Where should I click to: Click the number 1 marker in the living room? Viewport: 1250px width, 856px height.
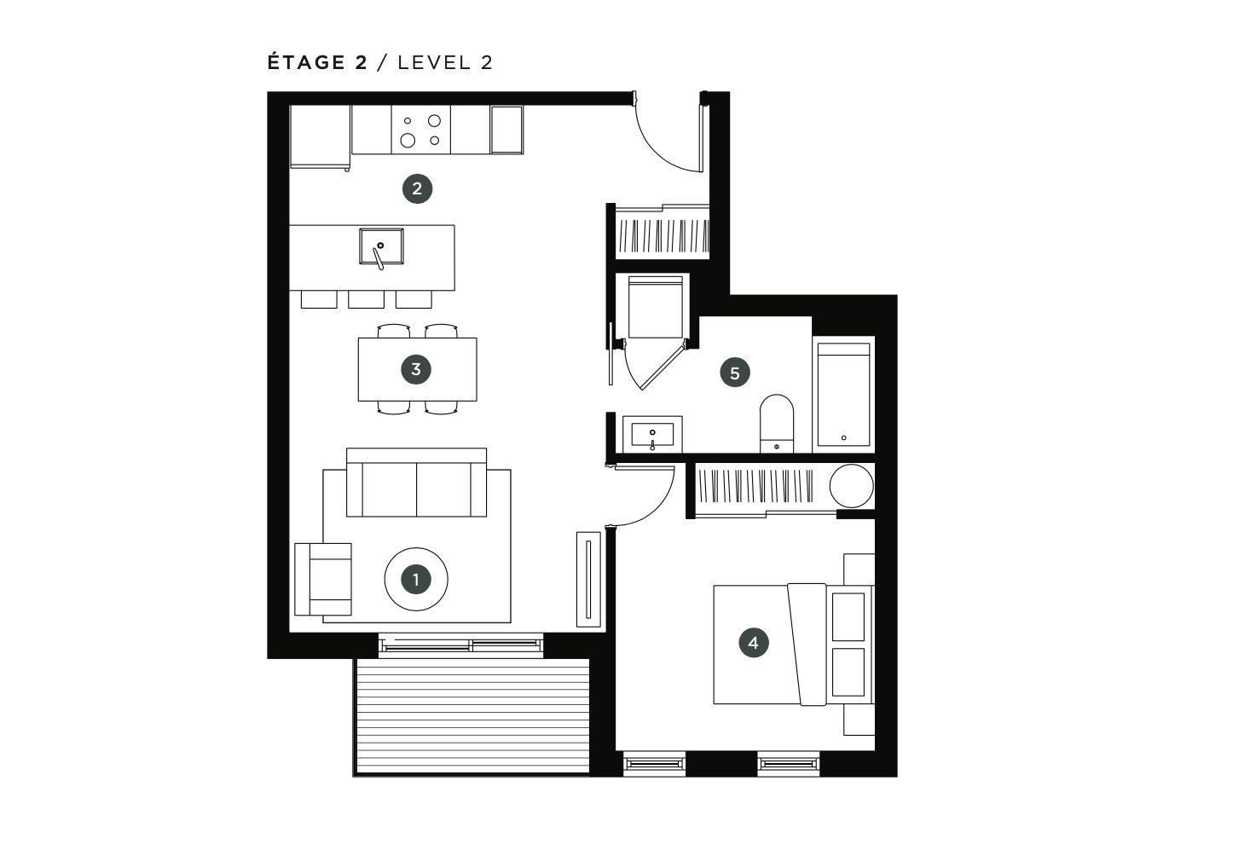tap(416, 580)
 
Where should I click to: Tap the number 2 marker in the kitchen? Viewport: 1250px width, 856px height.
tap(417, 188)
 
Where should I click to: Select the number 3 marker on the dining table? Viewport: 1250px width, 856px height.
tap(416, 369)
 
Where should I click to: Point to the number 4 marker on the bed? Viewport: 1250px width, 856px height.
tap(754, 643)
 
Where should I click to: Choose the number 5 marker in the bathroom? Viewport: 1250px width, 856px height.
tap(734, 373)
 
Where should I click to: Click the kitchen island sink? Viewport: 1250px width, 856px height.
tap(381, 246)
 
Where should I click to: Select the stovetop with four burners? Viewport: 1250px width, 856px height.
tap(420, 130)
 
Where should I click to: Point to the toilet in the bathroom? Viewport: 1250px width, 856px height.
tap(776, 424)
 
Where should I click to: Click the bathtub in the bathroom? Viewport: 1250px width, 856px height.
tap(843, 395)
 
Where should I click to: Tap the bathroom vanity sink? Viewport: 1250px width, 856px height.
tap(651, 434)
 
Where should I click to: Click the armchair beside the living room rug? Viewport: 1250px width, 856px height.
tap(323, 579)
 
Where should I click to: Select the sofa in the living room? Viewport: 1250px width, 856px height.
tap(416, 482)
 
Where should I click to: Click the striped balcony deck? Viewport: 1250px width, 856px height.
tap(472, 716)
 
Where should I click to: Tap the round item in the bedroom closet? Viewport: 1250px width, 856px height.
tap(851, 486)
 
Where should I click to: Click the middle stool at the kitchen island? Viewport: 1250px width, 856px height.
tap(366, 299)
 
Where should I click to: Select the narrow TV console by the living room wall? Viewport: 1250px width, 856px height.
tap(588, 579)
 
